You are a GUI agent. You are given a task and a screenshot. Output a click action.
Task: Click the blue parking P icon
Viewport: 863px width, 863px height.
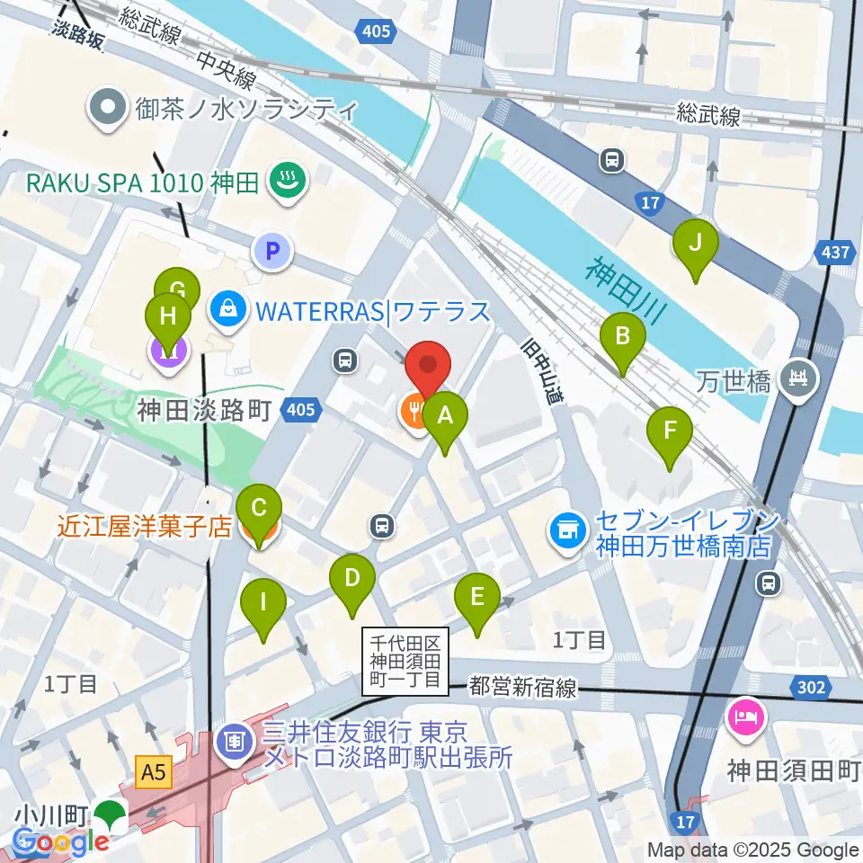(x=274, y=251)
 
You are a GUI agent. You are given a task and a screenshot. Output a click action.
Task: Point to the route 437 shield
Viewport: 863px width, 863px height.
(x=838, y=253)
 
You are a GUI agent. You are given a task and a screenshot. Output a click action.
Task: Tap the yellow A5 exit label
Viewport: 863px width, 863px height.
(x=152, y=770)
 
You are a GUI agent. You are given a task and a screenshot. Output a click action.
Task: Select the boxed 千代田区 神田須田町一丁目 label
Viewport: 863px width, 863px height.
(x=405, y=661)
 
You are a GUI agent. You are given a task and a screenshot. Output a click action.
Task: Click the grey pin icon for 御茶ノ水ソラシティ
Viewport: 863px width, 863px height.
(x=108, y=110)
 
